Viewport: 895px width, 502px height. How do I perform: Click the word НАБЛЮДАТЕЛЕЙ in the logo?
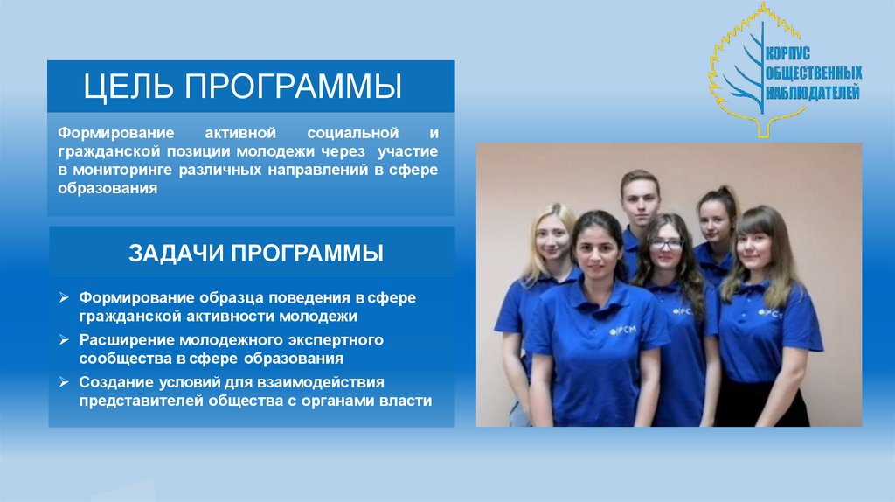pos(813,92)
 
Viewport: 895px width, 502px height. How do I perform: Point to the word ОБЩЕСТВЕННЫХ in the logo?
pos(814,73)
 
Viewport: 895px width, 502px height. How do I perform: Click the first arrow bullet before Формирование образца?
pos(65,298)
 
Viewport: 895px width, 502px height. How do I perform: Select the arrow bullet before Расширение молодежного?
pos(65,339)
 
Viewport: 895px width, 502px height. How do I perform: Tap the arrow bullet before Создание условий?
pos(65,382)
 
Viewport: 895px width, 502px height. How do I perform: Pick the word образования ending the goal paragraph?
pos(108,188)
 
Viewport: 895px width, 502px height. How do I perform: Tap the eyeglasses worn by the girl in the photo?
pos(666,243)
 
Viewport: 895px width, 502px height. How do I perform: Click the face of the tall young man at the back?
pos(641,200)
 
